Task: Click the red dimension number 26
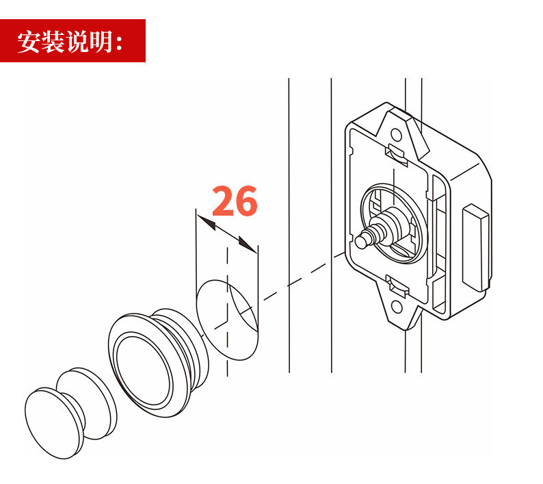[235, 201]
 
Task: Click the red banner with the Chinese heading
[72, 41]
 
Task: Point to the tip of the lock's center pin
[360, 242]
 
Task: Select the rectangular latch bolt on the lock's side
[477, 245]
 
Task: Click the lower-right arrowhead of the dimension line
[247, 244]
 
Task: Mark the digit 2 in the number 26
[223, 201]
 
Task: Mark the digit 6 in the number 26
[246, 201]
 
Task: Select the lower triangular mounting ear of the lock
[399, 309]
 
